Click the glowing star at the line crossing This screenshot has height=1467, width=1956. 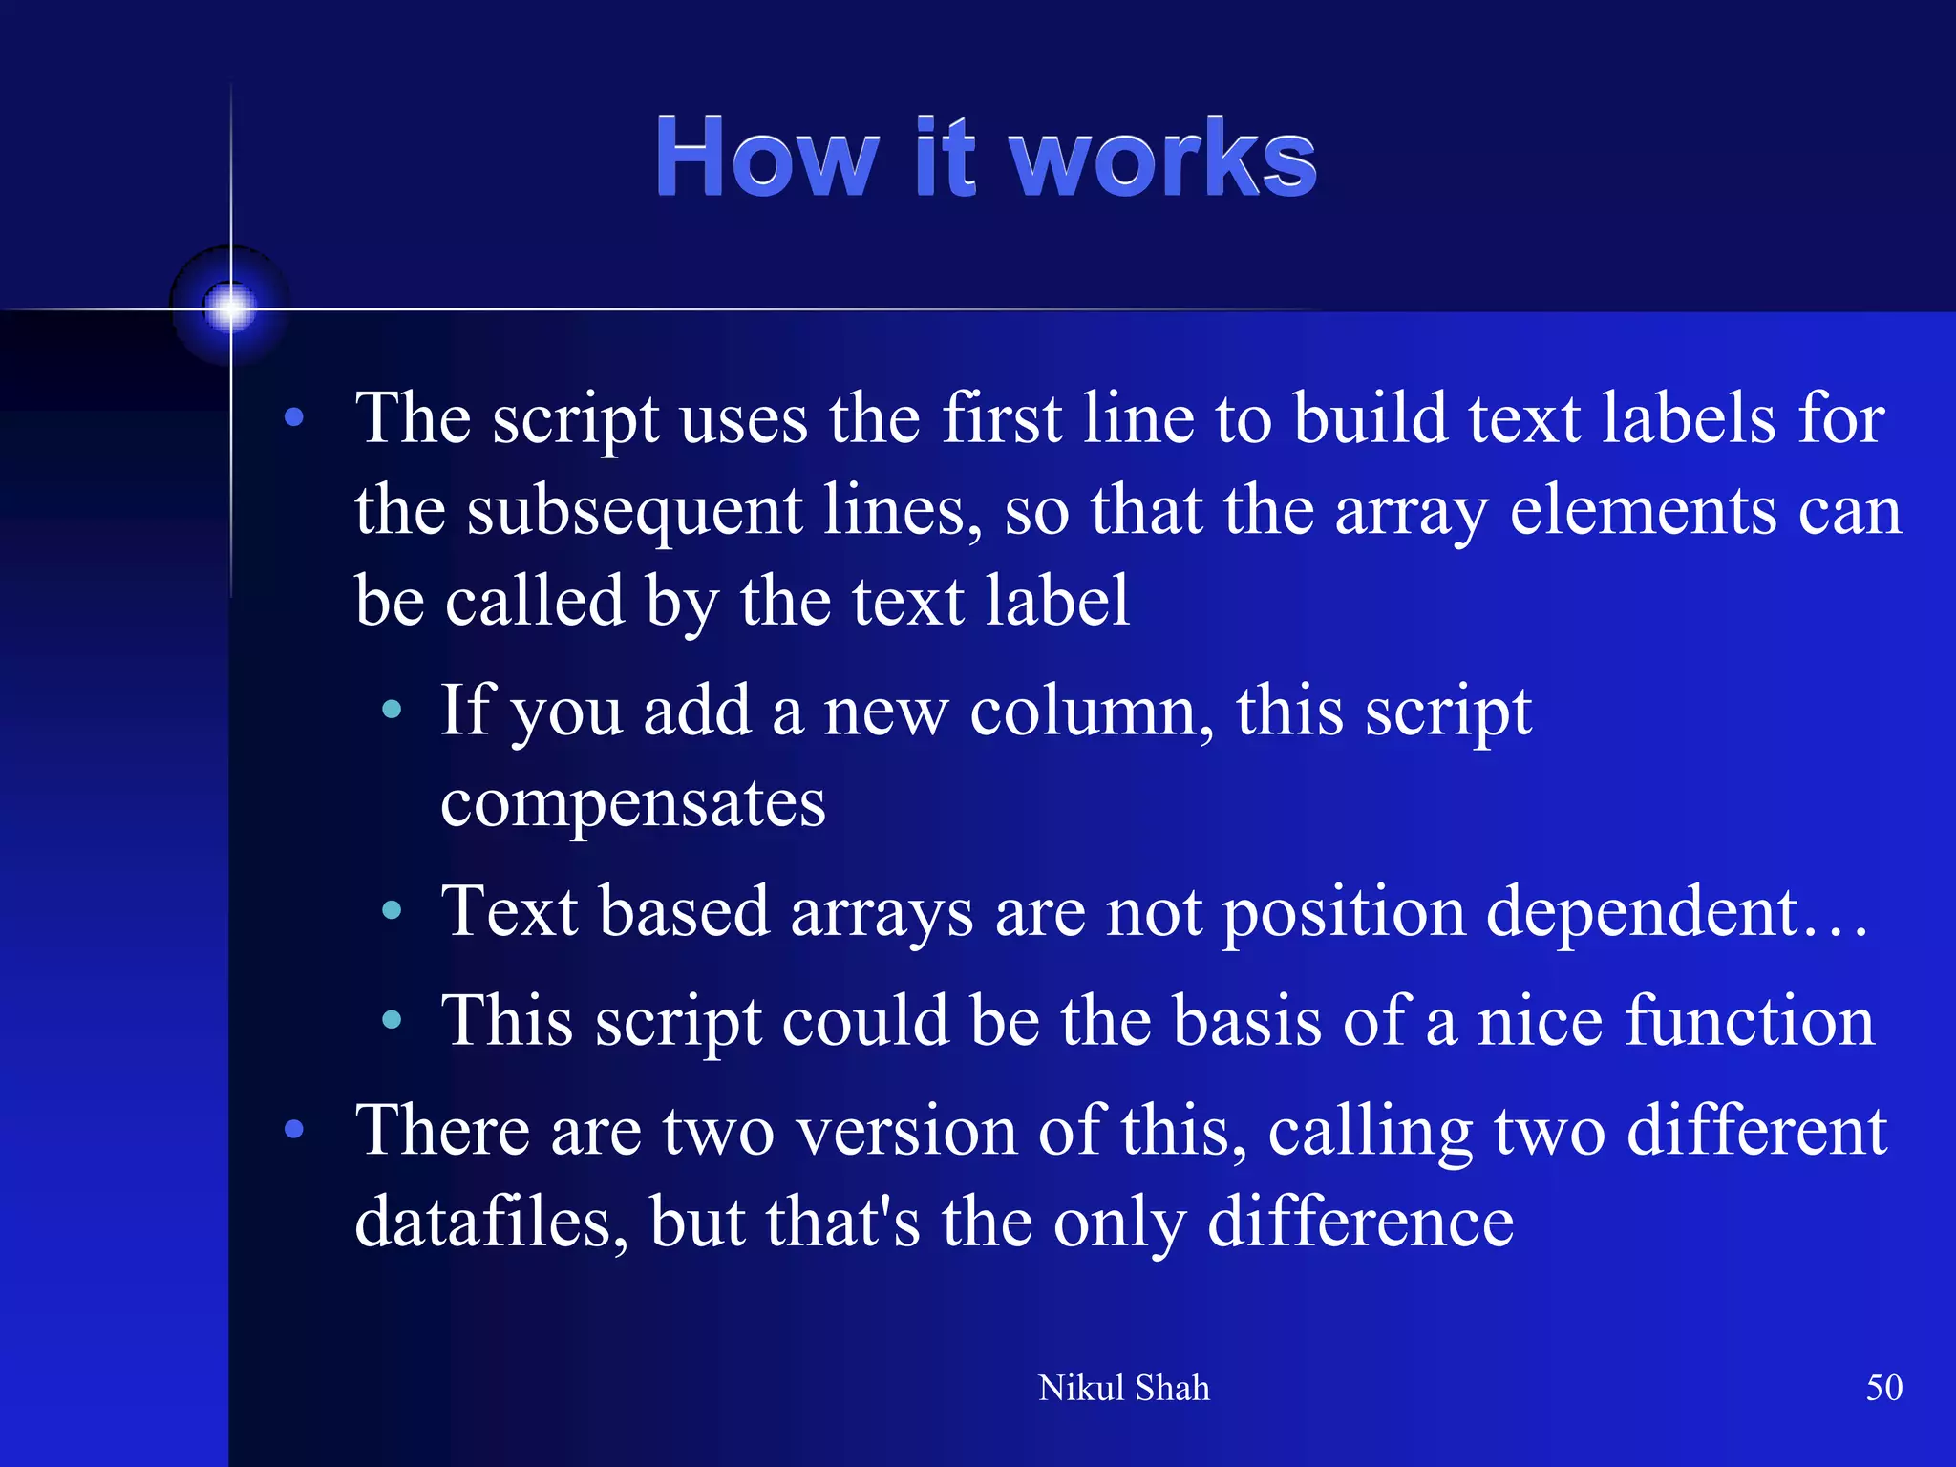(230, 308)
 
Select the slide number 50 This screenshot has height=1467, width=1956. (1883, 1388)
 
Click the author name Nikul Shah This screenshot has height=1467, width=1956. (1123, 1388)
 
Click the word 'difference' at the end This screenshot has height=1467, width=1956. (1360, 1222)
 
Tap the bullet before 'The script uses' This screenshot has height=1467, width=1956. (294, 417)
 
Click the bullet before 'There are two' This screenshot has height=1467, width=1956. (294, 1130)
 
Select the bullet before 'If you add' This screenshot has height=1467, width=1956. (392, 710)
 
